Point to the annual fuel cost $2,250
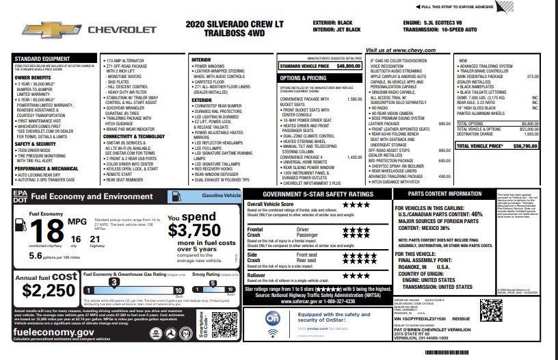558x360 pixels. pyautogui.click(x=48, y=290)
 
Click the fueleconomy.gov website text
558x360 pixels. pyautogui.click(x=53, y=331)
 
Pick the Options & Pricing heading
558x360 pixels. pyautogui.click(x=303, y=78)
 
